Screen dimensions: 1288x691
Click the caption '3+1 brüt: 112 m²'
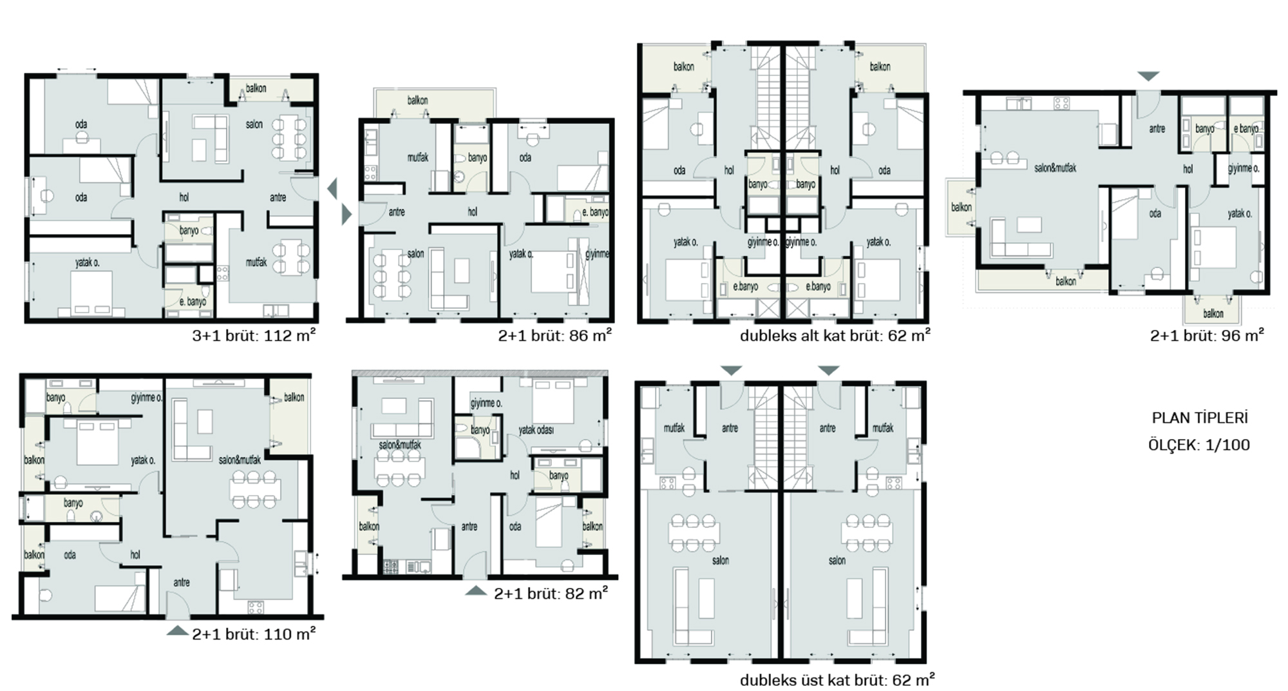pyautogui.click(x=254, y=335)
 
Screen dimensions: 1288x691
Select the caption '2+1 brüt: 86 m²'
pyautogui.click(x=554, y=335)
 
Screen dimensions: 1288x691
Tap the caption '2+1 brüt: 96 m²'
pyautogui.click(x=1207, y=335)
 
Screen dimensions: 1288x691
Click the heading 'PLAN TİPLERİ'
pyautogui.click(x=1200, y=418)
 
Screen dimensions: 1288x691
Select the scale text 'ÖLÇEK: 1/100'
pyautogui.click(x=1199, y=445)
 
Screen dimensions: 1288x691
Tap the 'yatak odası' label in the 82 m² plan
pyautogui.click(x=536, y=430)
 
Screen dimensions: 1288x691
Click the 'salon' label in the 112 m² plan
pyautogui.click(x=254, y=124)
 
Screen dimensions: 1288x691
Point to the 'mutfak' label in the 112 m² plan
pyautogui.click(x=256, y=262)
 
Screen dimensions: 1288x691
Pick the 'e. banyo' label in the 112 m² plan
pyautogui.click(x=193, y=302)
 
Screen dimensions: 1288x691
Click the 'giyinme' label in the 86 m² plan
pyautogui.click(x=596, y=254)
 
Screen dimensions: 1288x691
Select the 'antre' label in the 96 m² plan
pyautogui.click(x=1157, y=129)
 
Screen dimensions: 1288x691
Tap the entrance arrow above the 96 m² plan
pyautogui.click(x=1148, y=76)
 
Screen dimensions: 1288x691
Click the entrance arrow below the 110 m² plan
pyautogui.click(x=178, y=630)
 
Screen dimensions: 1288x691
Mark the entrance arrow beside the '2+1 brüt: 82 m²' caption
pyautogui.click(x=476, y=590)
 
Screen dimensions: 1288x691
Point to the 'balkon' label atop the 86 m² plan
pyautogui.click(x=417, y=101)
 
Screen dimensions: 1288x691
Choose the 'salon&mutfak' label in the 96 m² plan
pyautogui.click(x=1055, y=168)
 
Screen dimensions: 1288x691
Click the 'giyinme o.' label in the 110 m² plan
pyautogui.click(x=147, y=398)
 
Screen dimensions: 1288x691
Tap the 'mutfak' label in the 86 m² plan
pyautogui.click(x=418, y=157)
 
